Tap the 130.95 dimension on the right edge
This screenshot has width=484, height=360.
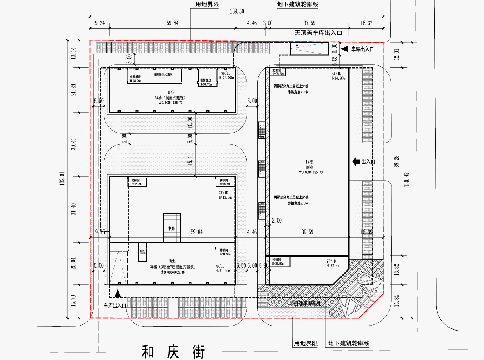pyautogui.click(x=407, y=178)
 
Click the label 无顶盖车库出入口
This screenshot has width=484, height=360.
pyautogui.click(x=318, y=32)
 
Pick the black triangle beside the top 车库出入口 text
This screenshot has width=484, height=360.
pyautogui.click(x=344, y=49)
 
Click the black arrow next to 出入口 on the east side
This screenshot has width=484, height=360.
pyautogui.click(x=356, y=162)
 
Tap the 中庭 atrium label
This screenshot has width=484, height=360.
pyautogui.click(x=172, y=229)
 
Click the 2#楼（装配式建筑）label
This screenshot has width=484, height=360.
pyautogui.click(x=172, y=97)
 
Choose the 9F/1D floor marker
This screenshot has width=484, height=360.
pyautogui.click(x=223, y=73)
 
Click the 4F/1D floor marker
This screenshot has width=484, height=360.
pyautogui.click(x=337, y=73)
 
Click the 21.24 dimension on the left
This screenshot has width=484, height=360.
pyautogui.click(x=73, y=89)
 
